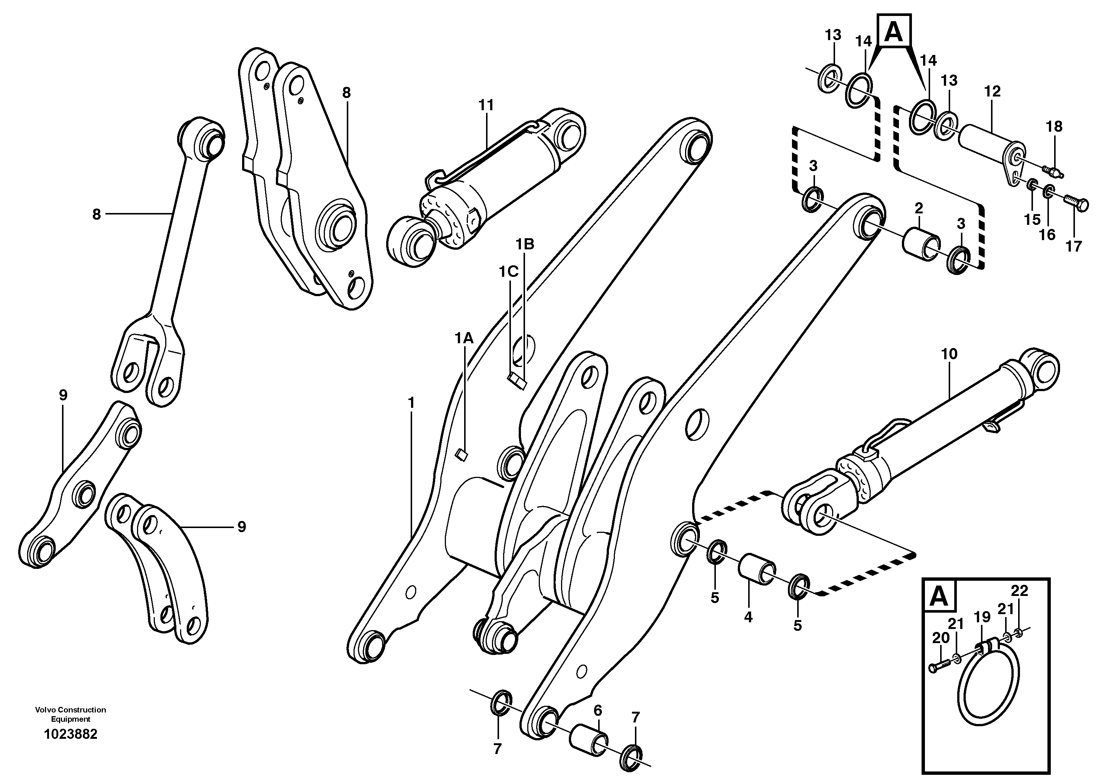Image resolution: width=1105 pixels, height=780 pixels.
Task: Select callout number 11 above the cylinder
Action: [486, 105]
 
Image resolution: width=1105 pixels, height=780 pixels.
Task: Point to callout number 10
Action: [949, 354]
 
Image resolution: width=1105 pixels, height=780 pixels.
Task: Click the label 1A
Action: [464, 338]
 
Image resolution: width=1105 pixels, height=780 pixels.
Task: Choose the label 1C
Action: [508, 272]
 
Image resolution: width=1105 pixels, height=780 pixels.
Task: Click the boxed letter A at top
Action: [894, 31]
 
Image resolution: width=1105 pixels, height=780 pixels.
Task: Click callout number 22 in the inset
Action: [1019, 590]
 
